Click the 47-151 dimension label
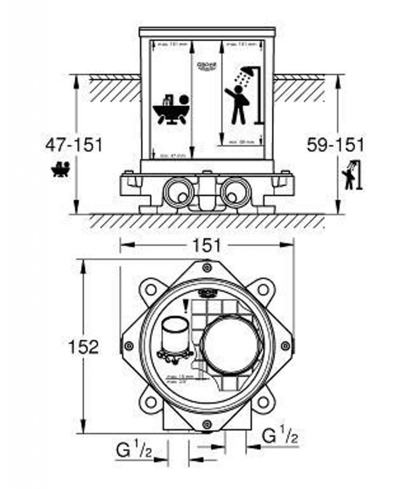pyautogui.click(x=74, y=144)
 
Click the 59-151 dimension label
pyautogui.click(x=335, y=144)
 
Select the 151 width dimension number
pyautogui.click(x=207, y=245)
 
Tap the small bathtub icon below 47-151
pyautogui.click(x=61, y=169)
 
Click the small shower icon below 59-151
pyautogui.click(x=352, y=175)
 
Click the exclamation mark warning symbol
pyautogui.click(x=186, y=304)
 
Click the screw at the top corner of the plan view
pyautogui.click(x=207, y=267)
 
